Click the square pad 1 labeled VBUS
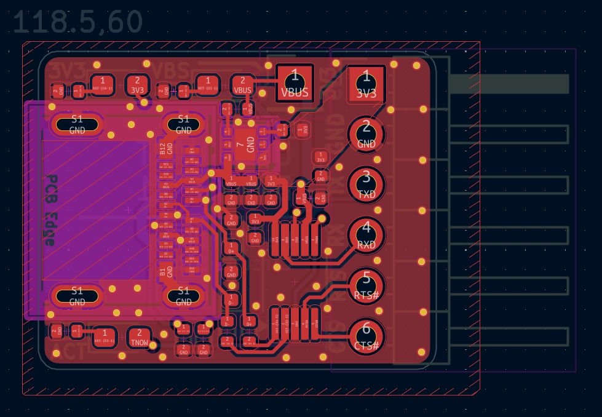(295, 84)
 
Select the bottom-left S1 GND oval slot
(77, 295)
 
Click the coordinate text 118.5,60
(77, 22)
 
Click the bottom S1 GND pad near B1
(183, 295)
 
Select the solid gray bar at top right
(509, 84)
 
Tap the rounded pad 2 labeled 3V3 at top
(137, 84)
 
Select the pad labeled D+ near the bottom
(249, 321)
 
